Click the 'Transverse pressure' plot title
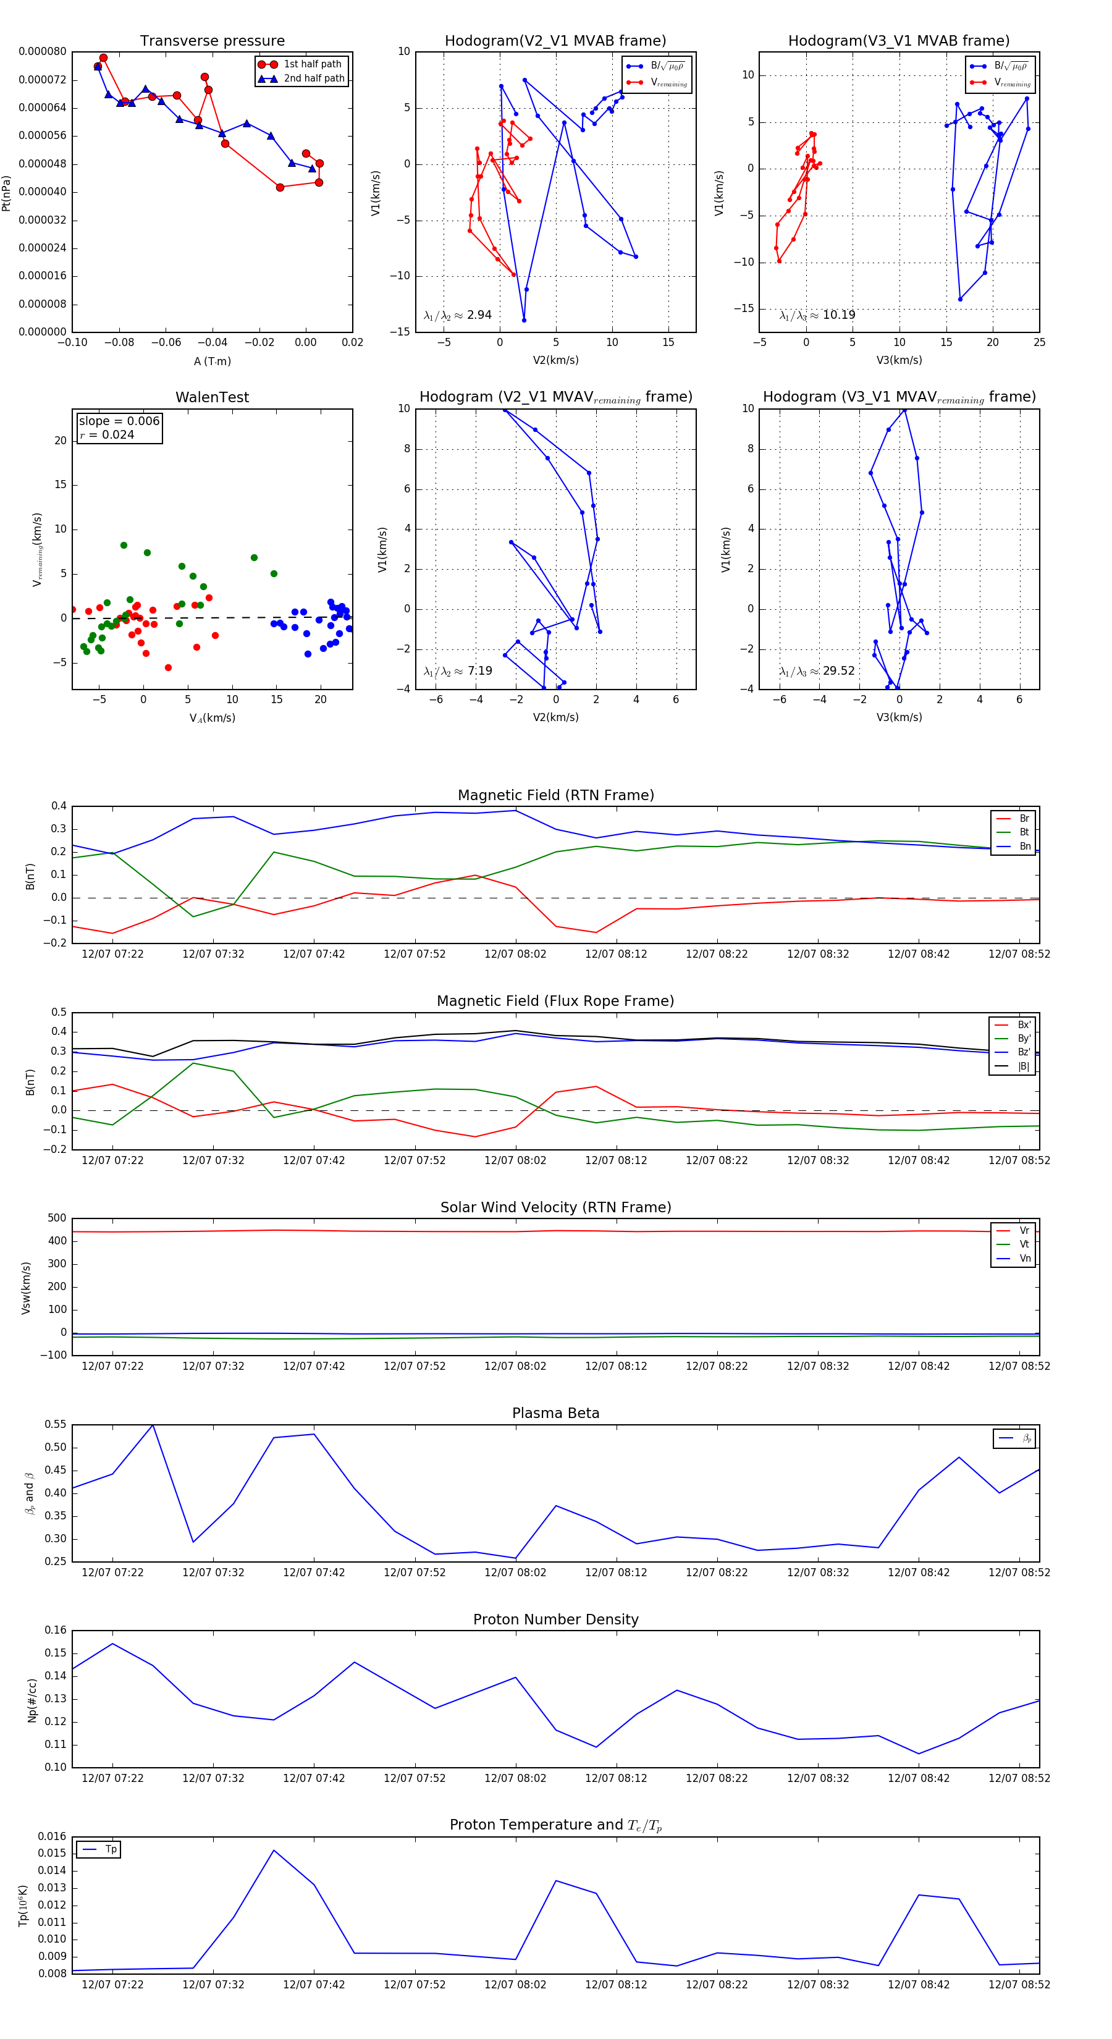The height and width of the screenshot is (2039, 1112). (212, 41)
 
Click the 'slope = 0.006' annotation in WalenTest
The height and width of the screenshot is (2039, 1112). (119, 421)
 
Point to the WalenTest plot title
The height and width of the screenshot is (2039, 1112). (212, 397)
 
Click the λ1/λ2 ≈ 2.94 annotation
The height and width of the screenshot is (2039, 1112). (457, 315)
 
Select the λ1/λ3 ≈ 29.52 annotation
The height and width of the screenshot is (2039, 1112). (817, 671)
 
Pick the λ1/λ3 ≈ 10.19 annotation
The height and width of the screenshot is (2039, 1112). (817, 315)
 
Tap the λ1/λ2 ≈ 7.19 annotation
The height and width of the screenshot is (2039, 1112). (457, 671)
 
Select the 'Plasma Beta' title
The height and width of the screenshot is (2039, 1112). (555, 1414)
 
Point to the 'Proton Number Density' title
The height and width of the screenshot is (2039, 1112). (555, 1619)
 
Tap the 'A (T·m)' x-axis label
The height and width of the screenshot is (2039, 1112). (212, 361)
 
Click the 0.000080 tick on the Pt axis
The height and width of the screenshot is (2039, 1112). (43, 51)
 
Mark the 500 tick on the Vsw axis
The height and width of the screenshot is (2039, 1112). (57, 1218)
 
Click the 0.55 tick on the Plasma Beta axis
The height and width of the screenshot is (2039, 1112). (56, 1424)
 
